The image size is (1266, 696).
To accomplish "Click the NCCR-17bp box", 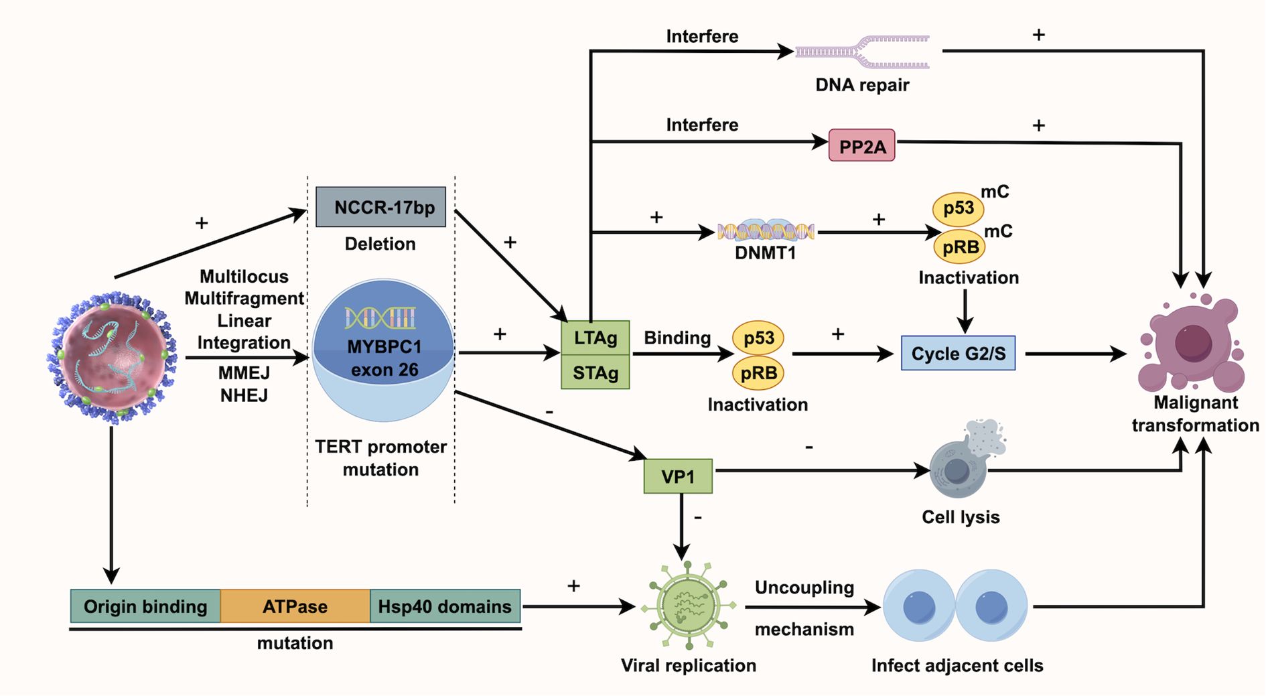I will click(380, 207).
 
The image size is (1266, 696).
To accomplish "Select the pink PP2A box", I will click(861, 146).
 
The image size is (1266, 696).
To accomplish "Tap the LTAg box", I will click(595, 338).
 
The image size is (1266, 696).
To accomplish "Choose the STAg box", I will click(595, 372).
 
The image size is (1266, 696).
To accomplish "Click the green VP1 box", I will click(677, 476).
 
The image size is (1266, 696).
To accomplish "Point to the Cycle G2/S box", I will click(958, 353).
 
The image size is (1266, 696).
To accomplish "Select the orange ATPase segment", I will click(295, 606).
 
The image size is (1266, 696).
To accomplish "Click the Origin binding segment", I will click(145, 606).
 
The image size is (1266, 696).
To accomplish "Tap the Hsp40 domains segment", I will click(445, 606).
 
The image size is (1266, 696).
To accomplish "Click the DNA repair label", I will click(862, 85).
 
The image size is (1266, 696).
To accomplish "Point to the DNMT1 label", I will click(765, 253).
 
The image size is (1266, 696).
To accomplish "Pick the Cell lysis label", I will click(961, 517).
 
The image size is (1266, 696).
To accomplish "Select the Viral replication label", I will click(688, 665).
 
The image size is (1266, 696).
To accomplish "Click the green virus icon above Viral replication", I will click(688, 605).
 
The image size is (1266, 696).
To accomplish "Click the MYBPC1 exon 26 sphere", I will click(383, 350).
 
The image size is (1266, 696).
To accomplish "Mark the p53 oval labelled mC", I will click(958, 208).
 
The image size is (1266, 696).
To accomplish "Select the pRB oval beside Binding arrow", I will click(758, 372).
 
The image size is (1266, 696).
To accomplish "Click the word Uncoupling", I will click(804, 587).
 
